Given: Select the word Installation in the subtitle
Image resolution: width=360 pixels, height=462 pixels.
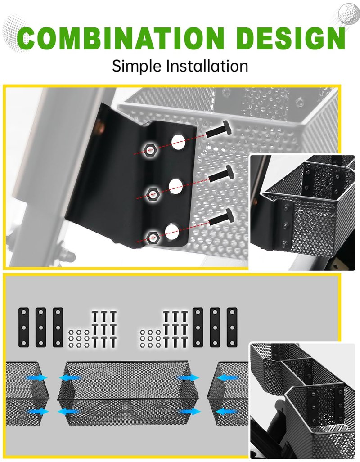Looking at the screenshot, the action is tap(207, 66).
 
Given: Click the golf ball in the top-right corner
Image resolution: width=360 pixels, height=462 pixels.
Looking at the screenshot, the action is tap(349, 13).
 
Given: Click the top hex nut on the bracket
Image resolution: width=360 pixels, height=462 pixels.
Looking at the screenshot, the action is tap(150, 150).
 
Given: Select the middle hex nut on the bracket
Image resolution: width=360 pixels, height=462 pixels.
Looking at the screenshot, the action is tap(153, 193).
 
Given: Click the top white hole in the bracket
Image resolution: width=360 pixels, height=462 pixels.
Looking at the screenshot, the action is tap(178, 141).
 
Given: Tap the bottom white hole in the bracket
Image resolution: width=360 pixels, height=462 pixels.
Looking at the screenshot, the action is tap(172, 232).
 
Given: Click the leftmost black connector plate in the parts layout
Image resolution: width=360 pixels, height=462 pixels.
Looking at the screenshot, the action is tap(24, 327).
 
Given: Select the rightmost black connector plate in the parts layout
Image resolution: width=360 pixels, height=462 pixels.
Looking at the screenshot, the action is tap(232, 327).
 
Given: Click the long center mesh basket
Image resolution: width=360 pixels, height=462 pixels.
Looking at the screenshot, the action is tap(128, 393).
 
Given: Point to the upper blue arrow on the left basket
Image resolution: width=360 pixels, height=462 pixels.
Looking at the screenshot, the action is tap(37, 377).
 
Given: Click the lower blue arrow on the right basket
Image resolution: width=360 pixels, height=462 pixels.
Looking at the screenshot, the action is tap(227, 411).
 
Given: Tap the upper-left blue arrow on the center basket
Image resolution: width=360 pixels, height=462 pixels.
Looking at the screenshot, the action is tap(70, 377).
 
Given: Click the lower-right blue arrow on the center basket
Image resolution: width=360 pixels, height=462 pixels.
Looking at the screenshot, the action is tap(190, 411).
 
